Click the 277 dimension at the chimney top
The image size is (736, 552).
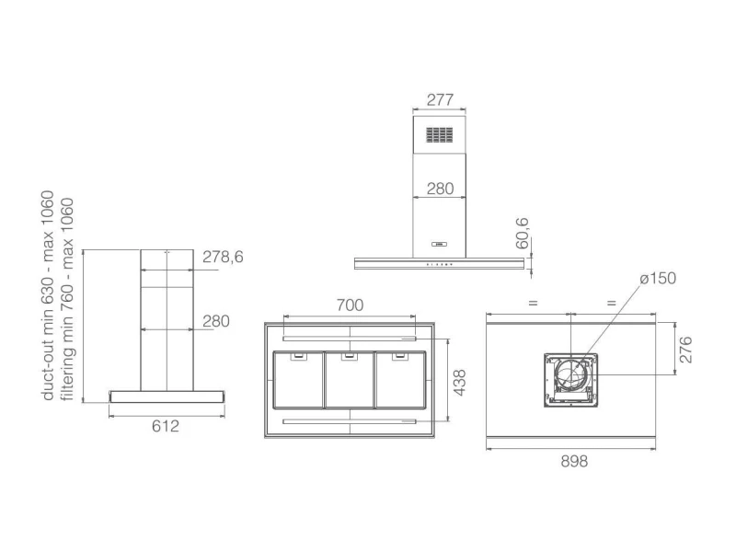click(440, 99)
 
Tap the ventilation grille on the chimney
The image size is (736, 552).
click(440, 134)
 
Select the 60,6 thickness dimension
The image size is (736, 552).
click(522, 234)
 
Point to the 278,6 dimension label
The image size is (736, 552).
click(223, 257)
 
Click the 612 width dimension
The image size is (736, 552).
click(166, 426)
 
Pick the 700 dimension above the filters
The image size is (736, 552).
click(350, 305)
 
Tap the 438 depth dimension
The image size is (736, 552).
click(460, 383)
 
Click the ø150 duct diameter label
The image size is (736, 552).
click(658, 278)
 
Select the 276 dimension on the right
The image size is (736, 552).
click(685, 350)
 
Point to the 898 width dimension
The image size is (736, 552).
click(574, 462)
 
